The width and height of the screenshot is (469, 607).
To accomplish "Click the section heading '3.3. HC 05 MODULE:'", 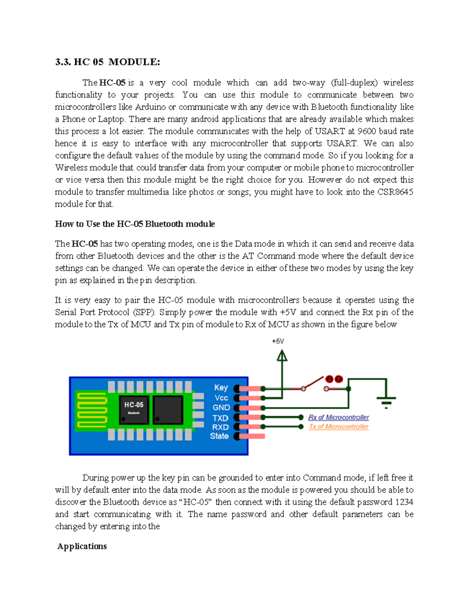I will (x=107, y=62).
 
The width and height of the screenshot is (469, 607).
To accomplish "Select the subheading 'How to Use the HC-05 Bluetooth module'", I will (x=135, y=224).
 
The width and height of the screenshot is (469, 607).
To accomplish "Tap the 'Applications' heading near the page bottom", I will (x=82, y=546).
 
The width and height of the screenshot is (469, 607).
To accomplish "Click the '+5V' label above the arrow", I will (x=278, y=341).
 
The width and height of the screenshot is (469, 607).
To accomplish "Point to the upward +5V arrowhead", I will (x=282, y=355).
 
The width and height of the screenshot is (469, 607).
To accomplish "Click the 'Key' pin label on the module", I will (x=221, y=387).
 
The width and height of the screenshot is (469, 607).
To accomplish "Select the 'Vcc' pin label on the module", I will (x=221, y=398).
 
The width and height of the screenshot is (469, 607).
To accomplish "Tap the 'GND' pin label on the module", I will (x=221, y=407).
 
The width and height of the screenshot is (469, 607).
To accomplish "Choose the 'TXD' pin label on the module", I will (x=220, y=418).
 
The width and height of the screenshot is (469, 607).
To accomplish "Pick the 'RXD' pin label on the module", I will (x=220, y=427).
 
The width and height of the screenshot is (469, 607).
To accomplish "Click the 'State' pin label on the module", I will (x=219, y=436).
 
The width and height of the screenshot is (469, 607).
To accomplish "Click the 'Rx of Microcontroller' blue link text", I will (x=338, y=417).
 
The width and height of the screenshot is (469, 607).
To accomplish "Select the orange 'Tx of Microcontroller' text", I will (x=338, y=426).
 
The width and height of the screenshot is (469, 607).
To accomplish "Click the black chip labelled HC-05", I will (x=134, y=409).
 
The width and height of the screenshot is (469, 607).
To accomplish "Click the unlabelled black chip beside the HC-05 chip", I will (x=168, y=410).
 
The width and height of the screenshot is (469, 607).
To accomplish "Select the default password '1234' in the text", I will (x=404, y=502).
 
